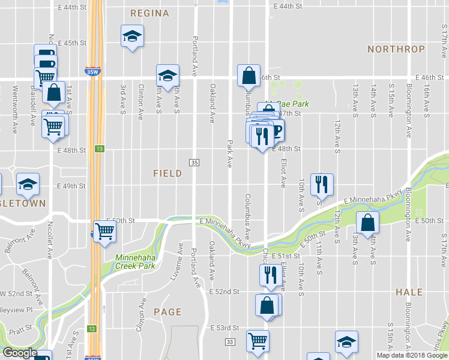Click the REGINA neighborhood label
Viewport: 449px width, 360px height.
(x=145, y=13)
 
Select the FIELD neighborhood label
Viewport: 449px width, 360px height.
(x=167, y=173)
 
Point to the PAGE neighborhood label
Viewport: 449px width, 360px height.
(x=167, y=311)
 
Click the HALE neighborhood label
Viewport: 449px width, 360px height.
(x=409, y=292)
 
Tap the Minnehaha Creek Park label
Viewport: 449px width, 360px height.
(x=135, y=262)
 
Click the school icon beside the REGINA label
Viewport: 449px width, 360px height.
(x=131, y=37)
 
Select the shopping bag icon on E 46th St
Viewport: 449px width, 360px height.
(x=249, y=76)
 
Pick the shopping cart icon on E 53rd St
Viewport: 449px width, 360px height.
(x=258, y=340)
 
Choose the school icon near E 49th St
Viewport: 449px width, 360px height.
(x=28, y=185)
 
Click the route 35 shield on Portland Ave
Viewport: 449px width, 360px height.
(x=194, y=163)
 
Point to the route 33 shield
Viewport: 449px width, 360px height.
(x=230, y=341)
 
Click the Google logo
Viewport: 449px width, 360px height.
(x=20, y=353)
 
